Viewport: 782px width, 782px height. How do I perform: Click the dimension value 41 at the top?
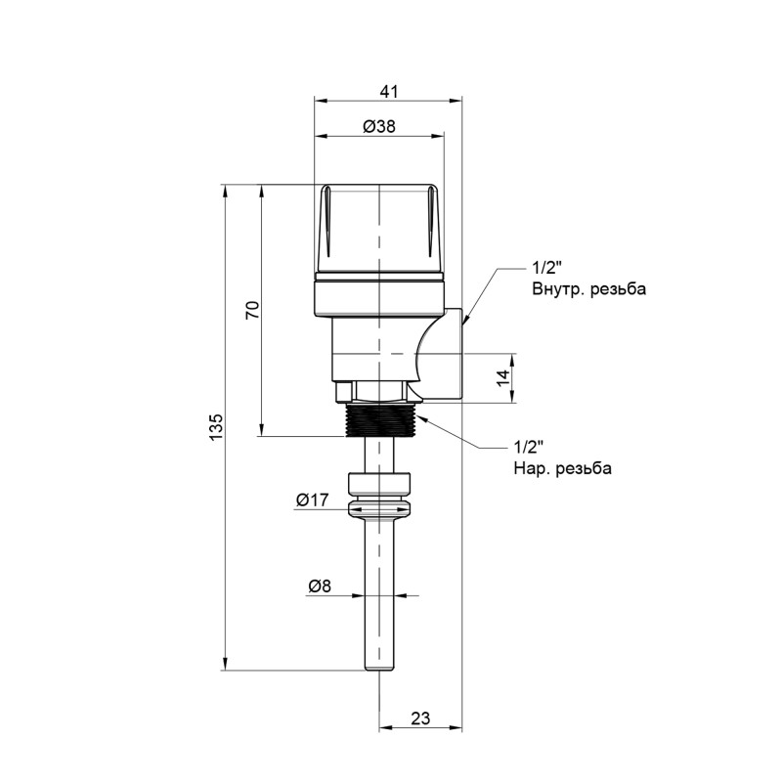tap(388, 91)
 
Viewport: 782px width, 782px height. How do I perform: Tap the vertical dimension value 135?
tap(217, 427)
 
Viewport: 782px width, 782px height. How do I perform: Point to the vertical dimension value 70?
tap(252, 311)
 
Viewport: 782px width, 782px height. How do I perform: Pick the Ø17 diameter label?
tap(312, 500)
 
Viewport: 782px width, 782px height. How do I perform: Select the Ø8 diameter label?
tap(320, 586)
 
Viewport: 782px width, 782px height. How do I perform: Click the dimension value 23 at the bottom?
tap(420, 718)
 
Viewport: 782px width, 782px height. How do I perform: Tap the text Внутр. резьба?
tap(589, 289)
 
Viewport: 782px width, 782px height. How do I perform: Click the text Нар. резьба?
tap(562, 469)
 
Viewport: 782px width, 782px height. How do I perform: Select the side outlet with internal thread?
tap(445, 357)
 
